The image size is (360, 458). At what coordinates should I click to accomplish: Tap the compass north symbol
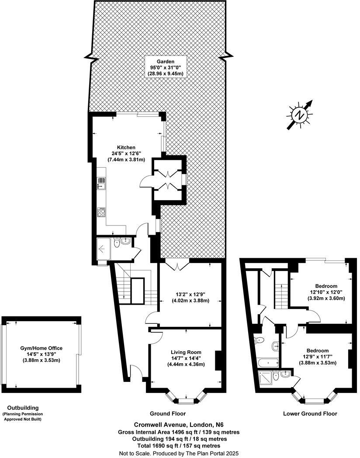(x=300, y=115)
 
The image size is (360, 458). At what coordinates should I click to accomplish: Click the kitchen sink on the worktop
(x=101, y=184)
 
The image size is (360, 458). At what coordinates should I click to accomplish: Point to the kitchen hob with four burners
(x=102, y=212)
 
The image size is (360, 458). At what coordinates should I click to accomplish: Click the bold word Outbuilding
(x=20, y=408)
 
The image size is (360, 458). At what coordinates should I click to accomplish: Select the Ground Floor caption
(x=168, y=413)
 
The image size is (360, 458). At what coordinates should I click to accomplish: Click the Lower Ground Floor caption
(x=310, y=413)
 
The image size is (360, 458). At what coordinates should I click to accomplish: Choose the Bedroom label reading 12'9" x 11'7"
(x=317, y=357)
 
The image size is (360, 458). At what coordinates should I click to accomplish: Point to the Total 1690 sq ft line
(x=180, y=446)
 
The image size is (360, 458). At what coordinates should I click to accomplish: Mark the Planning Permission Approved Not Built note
(x=25, y=416)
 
